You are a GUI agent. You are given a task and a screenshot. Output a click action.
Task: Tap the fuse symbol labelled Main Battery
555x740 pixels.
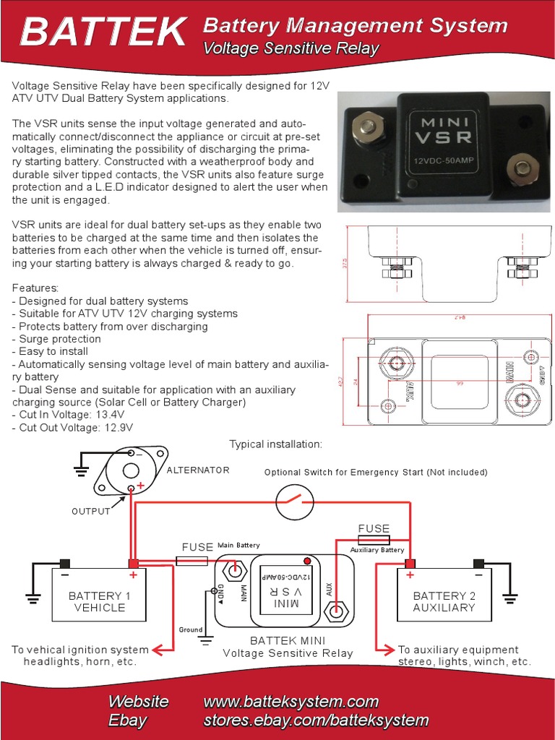(192, 561)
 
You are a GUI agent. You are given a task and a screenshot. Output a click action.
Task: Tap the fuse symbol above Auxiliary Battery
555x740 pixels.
(374, 540)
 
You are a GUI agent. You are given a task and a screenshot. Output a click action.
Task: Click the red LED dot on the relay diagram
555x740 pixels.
(307, 562)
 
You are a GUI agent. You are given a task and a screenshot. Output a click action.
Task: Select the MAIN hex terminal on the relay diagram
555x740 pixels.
(234, 570)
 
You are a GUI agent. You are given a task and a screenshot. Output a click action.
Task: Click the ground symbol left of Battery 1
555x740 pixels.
(33, 597)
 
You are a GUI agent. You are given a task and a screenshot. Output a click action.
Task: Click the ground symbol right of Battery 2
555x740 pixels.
(510, 597)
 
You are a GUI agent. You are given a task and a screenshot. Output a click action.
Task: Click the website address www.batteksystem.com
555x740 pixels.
(291, 702)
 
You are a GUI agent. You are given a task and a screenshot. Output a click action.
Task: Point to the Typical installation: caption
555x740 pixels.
(275, 443)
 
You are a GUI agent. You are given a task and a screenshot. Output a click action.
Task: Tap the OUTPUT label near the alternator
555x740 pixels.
(90, 512)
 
